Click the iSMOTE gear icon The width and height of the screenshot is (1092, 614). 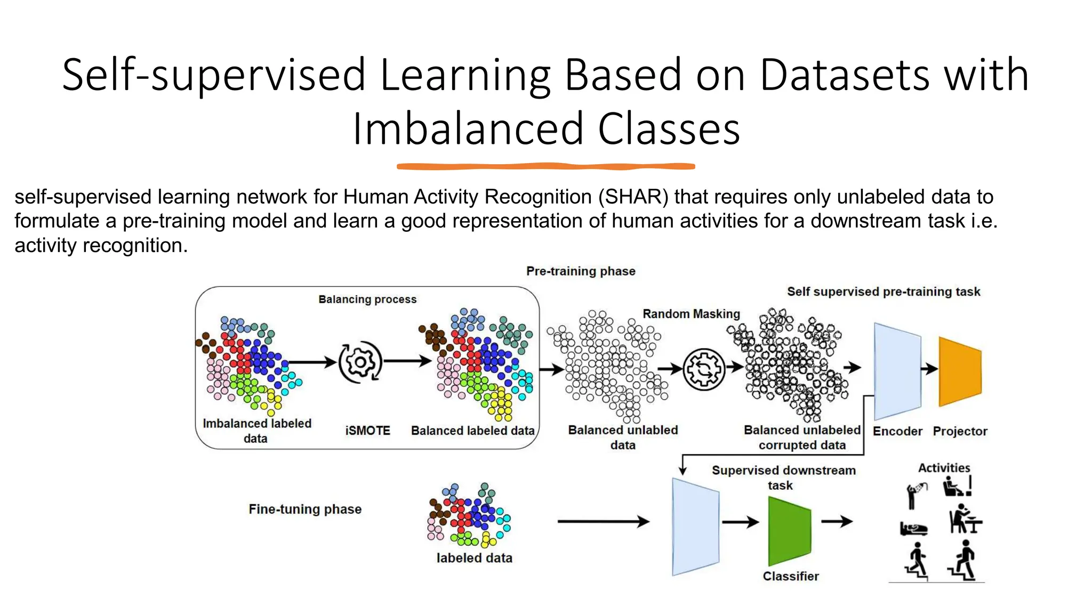click(x=360, y=362)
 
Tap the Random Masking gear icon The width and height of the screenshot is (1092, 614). click(x=704, y=369)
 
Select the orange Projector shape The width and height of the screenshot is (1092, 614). click(x=960, y=371)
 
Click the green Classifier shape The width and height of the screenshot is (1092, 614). click(x=789, y=531)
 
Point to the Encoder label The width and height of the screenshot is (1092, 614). click(x=897, y=431)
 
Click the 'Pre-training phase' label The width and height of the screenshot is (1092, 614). click(x=581, y=271)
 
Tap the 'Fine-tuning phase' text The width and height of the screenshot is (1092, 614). click(x=305, y=510)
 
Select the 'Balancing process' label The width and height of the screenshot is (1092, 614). click(x=367, y=300)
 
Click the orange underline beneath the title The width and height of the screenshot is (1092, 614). click(x=545, y=167)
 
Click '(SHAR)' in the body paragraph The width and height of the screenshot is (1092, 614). click(x=633, y=197)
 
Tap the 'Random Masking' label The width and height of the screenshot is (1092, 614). click(x=691, y=314)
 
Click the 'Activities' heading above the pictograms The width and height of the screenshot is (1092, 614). click(x=944, y=468)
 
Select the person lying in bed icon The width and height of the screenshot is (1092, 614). click(x=913, y=529)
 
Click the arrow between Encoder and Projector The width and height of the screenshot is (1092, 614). click(x=929, y=368)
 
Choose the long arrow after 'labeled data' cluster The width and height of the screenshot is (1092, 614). click(x=603, y=521)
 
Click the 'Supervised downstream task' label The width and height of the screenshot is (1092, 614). click(x=783, y=478)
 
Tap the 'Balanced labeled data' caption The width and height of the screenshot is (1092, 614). click(x=472, y=431)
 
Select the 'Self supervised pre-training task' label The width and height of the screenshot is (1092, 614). click(x=884, y=292)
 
